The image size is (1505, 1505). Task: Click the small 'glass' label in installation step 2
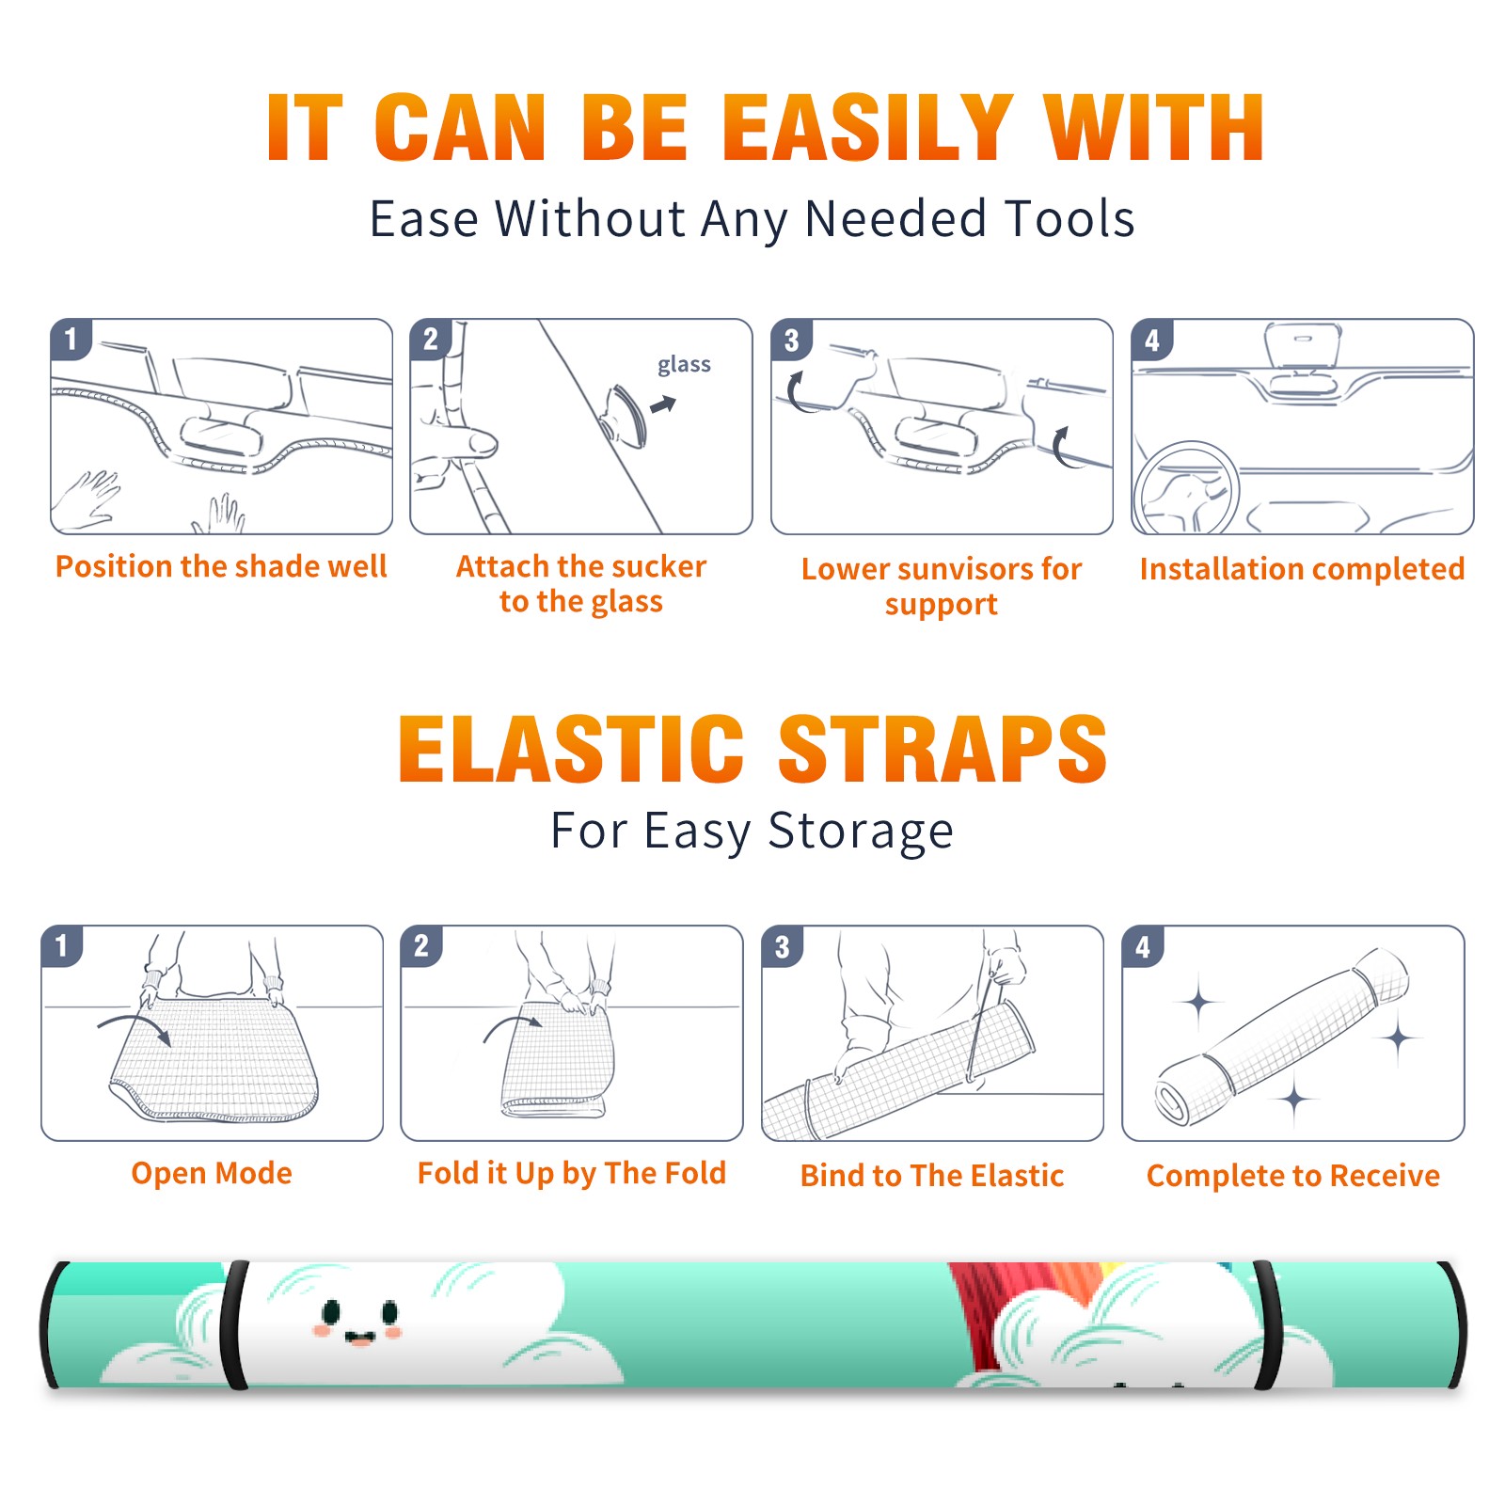(x=684, y=365)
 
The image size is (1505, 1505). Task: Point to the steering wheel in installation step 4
(x=1186, y=489)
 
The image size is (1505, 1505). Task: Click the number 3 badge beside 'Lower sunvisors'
(x=792, y=340)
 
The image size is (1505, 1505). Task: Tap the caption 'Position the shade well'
(x=221, y=566)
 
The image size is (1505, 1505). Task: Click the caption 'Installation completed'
(x=1302, y=568)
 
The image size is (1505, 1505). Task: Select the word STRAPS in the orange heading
(x=943, y=749)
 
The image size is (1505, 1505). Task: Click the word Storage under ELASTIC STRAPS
(x=861, y=832)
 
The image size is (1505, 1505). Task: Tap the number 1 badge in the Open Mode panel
(x=62, y=946)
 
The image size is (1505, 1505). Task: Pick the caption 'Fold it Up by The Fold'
(x=572, y=1173)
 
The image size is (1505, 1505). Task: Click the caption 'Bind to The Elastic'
(x=932, y=1176)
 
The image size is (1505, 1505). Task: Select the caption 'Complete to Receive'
(x=1293, y=1176)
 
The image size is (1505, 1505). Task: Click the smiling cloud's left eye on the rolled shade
(x=331, y=1311)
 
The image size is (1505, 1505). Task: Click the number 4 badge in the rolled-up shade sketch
(x=1143, y=946)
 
